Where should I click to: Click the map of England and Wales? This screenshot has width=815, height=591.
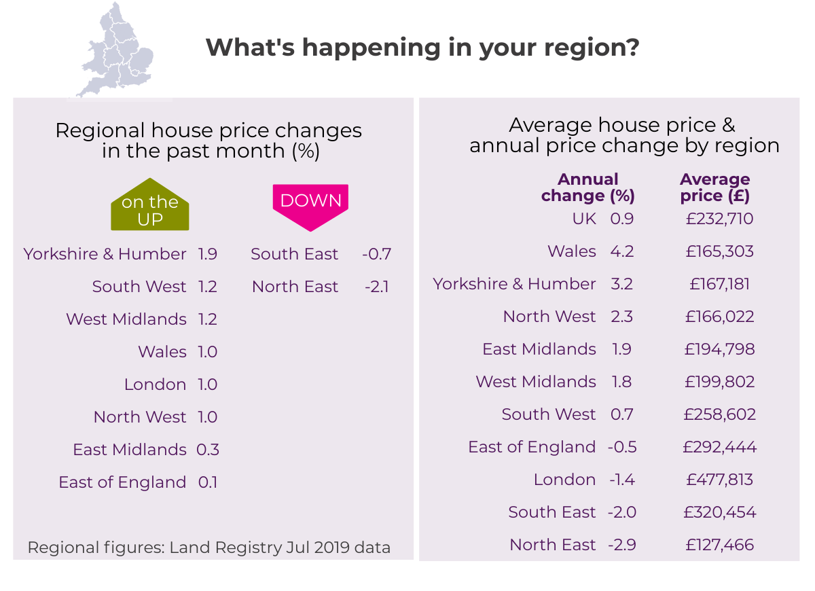tap(114, 51)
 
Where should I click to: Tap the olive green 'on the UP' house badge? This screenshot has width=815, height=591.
tap(149, 206)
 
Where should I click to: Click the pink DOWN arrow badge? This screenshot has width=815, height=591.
tap(310, 204)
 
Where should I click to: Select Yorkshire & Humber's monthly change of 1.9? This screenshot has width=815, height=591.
tap(208, 254)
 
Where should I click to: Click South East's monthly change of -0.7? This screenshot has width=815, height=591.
tap(377, 254)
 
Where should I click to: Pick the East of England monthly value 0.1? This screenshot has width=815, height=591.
tap(208, 482)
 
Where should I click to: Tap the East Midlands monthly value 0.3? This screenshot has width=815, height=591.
tap(208, 450)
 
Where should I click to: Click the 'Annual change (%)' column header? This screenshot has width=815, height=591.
tap(588, 187)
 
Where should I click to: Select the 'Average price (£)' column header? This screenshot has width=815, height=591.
tap(715, 187)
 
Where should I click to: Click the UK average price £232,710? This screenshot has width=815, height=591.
tap(720, 219)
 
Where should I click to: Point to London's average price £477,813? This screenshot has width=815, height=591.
tap(720, 480)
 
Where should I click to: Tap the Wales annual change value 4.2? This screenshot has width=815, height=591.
tap(622, 251)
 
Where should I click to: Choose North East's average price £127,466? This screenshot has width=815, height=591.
tap(720, 545)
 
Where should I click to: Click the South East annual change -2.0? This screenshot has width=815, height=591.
tap(622, 512)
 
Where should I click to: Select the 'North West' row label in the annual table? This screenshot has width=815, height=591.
tap(549, 317)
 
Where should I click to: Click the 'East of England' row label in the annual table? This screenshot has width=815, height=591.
tap(532, 447)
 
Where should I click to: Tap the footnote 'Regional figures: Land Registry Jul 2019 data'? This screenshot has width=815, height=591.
tap(209, 548)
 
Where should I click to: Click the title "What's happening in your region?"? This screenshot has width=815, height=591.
tap(422, 48)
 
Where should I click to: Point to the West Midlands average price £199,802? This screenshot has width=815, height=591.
tap(720, 382)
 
